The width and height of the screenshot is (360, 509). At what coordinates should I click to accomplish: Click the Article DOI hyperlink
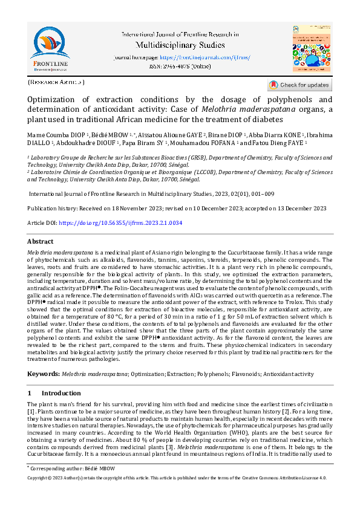click(111, 223)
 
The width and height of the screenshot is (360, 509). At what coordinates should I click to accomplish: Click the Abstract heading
click(41, 241)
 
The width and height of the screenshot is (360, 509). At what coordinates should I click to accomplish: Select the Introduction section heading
click(60, 393)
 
